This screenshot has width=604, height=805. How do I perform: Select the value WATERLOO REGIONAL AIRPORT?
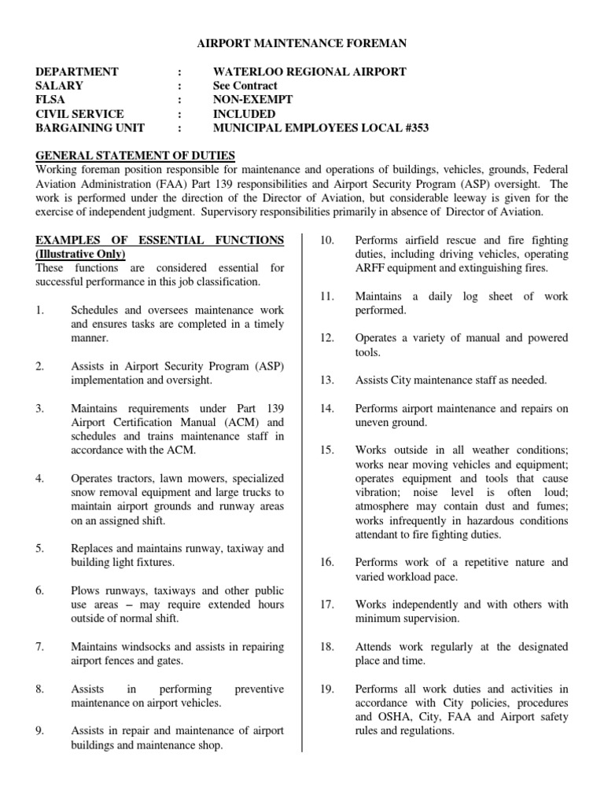coord(309,72)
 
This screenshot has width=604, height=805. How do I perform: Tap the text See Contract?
coord(245,86)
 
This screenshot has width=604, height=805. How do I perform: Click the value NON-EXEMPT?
coord(252,100)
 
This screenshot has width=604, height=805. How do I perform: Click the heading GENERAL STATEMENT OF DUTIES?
coord(135,155)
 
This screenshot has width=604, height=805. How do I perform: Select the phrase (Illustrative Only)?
coord(80,255)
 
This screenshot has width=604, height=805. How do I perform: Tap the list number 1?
coord(39,311)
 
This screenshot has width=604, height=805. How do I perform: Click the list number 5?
coord(39,548)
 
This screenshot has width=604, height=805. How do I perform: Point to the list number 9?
coord(39,731)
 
